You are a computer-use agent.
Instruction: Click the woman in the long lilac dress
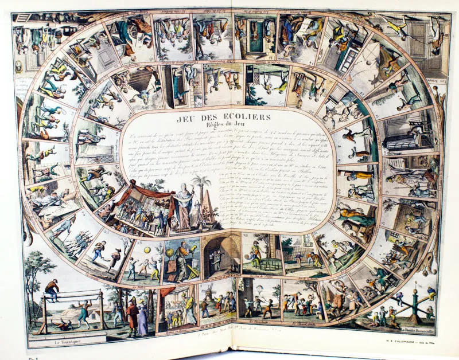click(x=142, y=321)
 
